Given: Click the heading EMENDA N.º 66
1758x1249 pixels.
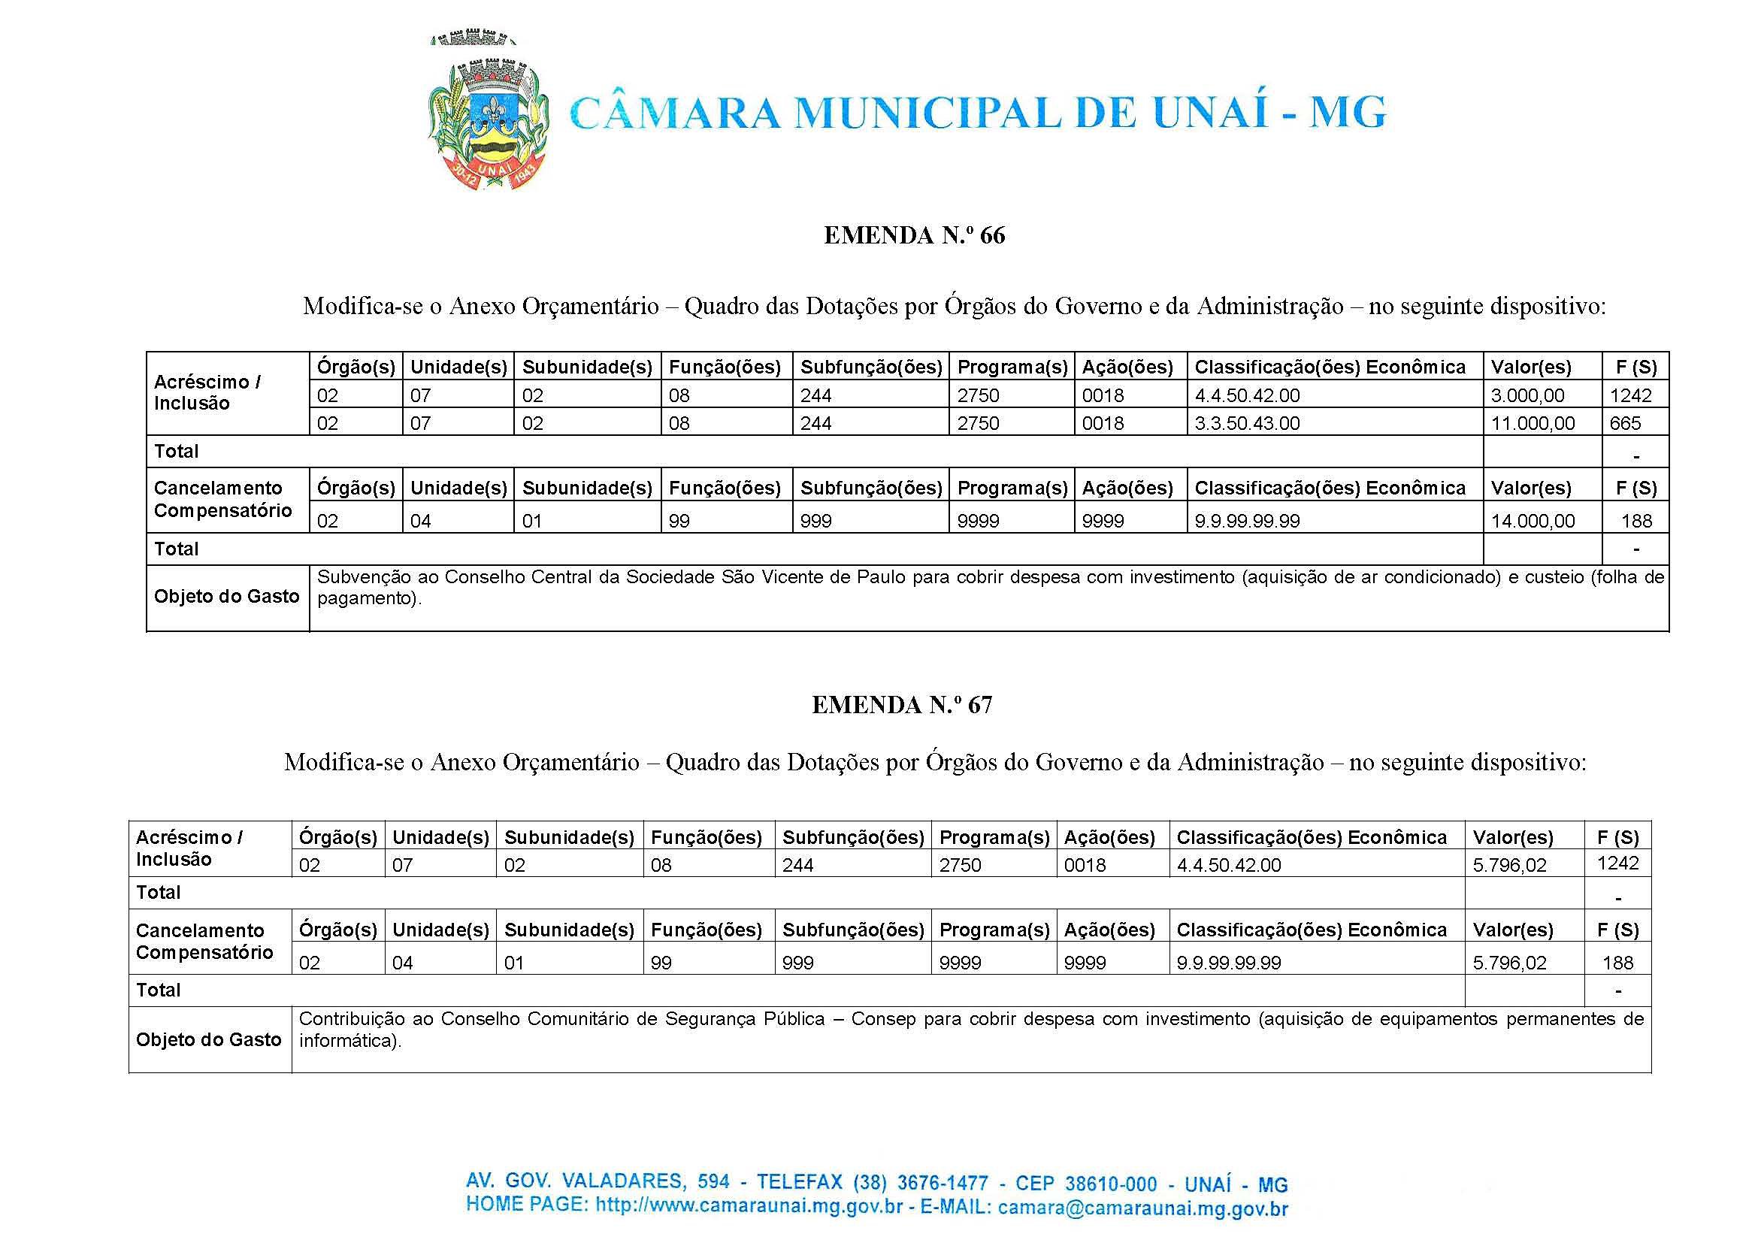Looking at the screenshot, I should pyautogui.click(x=915, y=235).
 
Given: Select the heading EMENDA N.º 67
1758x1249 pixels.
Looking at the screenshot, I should pyautogui.click(x=902, y=705).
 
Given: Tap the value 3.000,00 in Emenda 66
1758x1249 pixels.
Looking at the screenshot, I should pyautogui.click(x=1527, y=396).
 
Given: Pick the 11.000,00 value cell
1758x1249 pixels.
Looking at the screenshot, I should pyautogui.click(x=1533, y=424).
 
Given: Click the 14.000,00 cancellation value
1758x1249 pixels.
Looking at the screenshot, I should pyautogui.click(x=1533, y=522).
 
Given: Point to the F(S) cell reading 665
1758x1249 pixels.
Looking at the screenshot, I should pyautogui.click(x=1625, y=424).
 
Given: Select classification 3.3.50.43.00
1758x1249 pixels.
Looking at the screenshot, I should pyautogui.click(x=1247, y=424).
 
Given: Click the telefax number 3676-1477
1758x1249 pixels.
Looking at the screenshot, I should pyautogui.click(x=943, y=1183).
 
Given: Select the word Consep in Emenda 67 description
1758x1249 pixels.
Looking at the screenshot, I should pyautogui.click(x=883, y=1020).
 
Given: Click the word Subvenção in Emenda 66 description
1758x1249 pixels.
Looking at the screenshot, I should pyautogui.click(x=362, y=578).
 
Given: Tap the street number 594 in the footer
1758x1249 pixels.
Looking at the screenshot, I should pyautogui.click(x=714, y=1181).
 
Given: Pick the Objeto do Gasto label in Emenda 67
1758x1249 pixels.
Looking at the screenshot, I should pyautogui.click(x=209, y=1041).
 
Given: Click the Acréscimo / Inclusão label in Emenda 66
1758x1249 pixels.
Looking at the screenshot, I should pyautogui.click(x=207, y=393).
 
